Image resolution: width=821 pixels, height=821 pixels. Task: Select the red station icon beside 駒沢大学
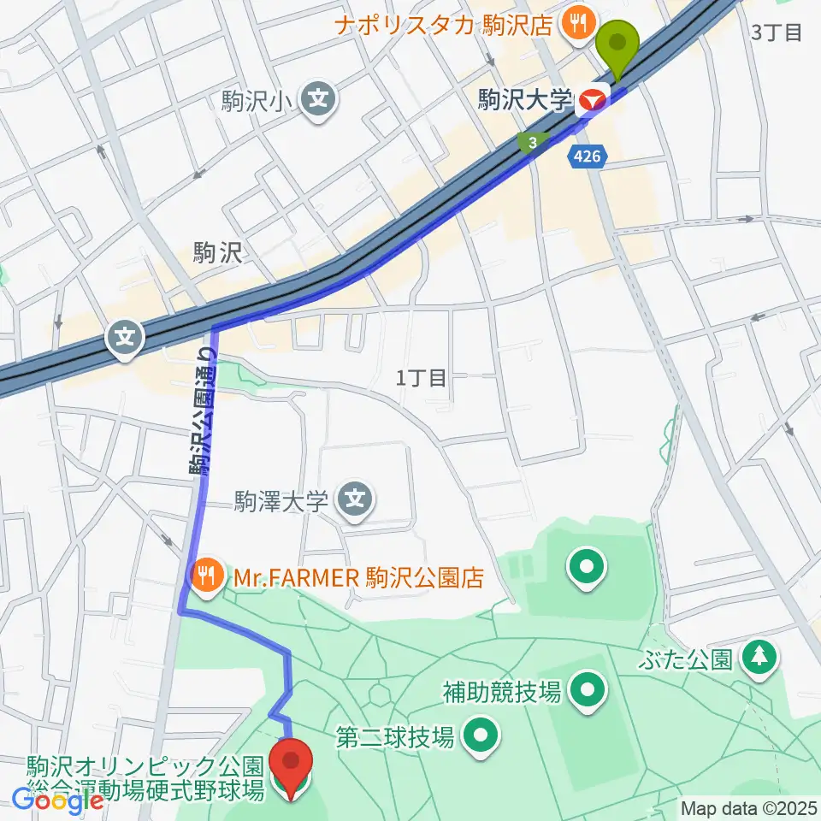591,103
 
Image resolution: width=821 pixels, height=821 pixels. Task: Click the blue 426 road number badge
589,156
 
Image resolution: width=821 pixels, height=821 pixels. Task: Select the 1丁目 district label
422,378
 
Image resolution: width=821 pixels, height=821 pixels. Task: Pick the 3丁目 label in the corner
776,33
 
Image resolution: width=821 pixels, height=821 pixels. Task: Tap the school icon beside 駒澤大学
355,500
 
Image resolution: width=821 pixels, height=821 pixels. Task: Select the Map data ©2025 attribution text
748,807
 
